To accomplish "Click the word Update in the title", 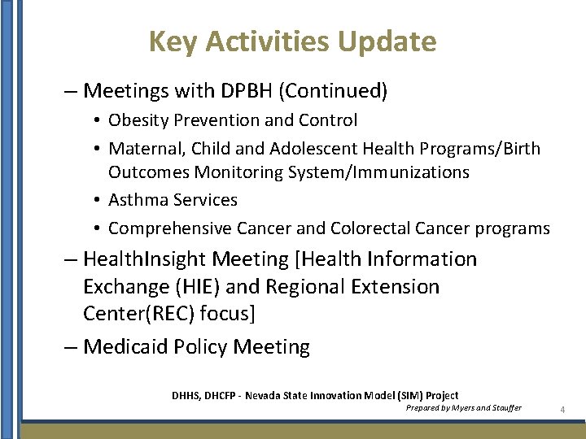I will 389,41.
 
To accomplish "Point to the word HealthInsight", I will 143,259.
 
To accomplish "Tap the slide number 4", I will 562,410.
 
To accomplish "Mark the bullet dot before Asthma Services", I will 97,201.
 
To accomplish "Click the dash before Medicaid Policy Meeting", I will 71,347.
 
